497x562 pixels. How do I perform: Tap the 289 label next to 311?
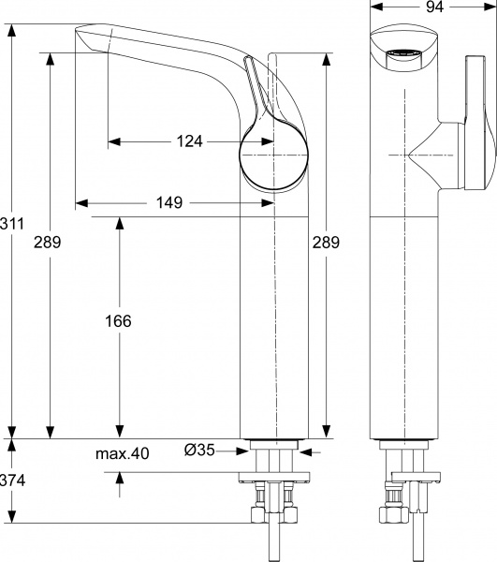[x=48, y=243]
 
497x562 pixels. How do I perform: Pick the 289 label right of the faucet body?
[x=325, y=242]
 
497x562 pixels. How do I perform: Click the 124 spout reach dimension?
[x=190, y=142]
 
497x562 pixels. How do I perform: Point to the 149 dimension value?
[x=169, y=202]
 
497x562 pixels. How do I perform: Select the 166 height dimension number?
[x=118, y=320]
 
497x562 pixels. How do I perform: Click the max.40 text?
[x=123, y=454]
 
